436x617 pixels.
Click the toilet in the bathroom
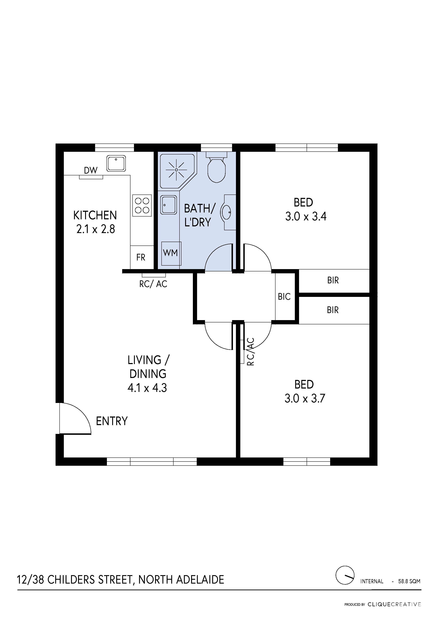[x=217, y=167]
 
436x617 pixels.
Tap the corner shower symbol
[x=177, y=171]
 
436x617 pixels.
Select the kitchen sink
[x=116, y=163]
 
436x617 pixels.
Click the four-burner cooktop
[x=142, y=205]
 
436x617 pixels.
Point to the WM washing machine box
[x=171, y=254]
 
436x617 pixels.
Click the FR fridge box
[x=142, y=257]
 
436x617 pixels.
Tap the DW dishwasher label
[x=91, y=170]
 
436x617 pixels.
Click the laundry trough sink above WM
[x=169, y=205]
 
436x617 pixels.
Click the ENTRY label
[x=112, y=421]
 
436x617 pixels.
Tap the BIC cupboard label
[x=284, y=297]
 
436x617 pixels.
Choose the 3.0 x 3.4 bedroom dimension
[x=306, y=217]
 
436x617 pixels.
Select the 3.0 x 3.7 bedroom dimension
[x=305, y=399]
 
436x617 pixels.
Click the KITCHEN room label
[x=95, y=215]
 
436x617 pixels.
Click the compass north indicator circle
[x=345, y=575]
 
